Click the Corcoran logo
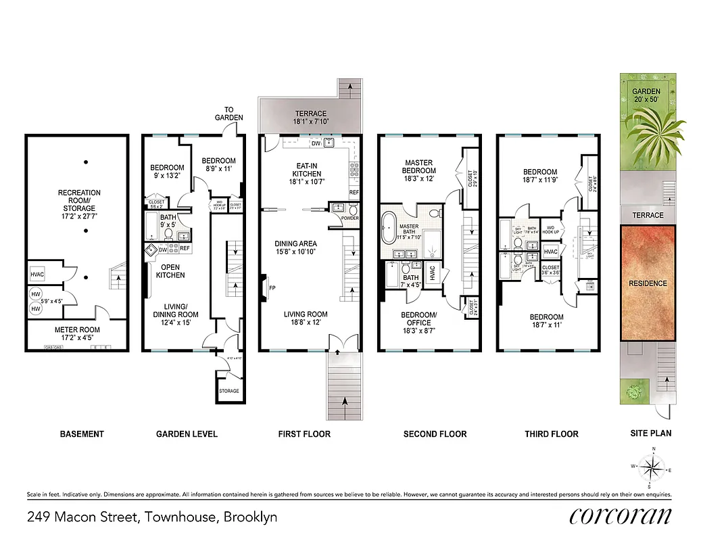click(x=621, y=517)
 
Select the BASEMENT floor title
click(x=82, y=433)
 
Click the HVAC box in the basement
click(x=37, y=275)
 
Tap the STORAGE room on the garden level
click(x=228, y=391)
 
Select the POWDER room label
click(x=350, y=218)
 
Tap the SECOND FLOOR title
click(x=435, y=433)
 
